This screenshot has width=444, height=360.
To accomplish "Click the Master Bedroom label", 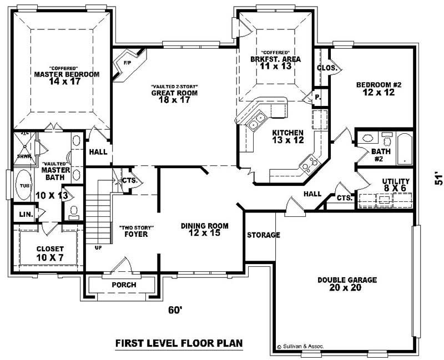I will click(x=67, y=74).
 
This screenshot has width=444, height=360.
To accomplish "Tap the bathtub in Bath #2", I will click(x=405, y=149).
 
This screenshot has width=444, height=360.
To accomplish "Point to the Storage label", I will click(x=264, y=235).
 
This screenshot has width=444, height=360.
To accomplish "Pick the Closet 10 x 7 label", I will click(x=51, y=253).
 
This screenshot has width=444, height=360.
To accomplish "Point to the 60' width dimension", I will click(x=175, y=311).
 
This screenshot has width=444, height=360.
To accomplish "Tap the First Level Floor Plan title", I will click(x=179, y=343).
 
